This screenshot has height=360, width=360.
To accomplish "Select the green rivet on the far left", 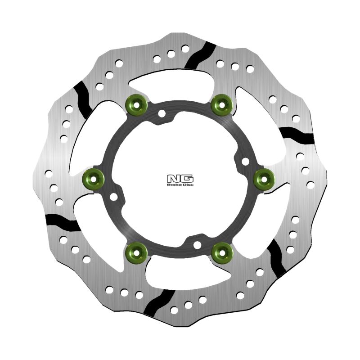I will click(94, 180).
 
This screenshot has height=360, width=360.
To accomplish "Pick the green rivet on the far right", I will click(264, 180).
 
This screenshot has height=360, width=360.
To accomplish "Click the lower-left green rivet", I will click(136, 253).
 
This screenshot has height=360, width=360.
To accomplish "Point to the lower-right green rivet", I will click(222, 253).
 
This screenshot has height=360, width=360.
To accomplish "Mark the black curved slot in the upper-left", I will click(83, 98).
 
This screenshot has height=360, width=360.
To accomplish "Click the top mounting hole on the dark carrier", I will click(162, 114).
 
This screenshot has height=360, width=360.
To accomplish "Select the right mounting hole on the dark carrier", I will click(245, 161).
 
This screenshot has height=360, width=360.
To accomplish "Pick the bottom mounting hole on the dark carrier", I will click(197, 245).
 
